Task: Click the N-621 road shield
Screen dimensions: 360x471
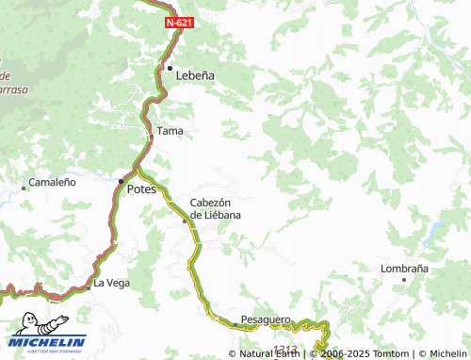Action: pos(178,21)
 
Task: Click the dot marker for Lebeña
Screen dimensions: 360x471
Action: pos(170,68)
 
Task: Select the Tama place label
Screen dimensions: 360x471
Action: pos(170,131)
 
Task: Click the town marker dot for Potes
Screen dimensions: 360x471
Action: pos(121,181)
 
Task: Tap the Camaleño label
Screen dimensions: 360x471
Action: pos(52,182)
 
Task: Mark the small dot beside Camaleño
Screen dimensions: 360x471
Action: pos(24,188)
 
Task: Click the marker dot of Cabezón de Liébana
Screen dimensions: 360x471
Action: pos(185,221)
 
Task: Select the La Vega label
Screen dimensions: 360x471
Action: pos(111,283)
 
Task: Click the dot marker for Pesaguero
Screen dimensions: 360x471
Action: pos(235,324)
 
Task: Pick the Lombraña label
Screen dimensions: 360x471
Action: pos(404,268)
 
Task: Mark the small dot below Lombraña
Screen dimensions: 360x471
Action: pos(404,279)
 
